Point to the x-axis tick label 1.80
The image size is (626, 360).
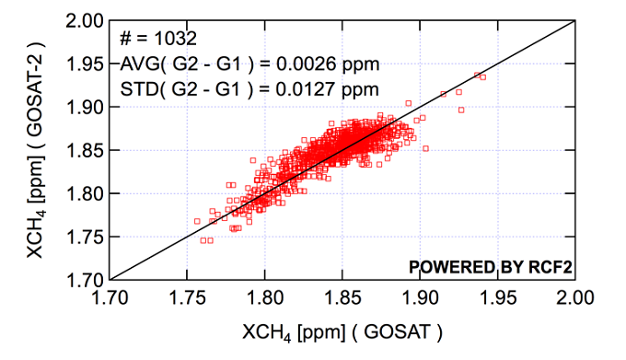tap(265, 298)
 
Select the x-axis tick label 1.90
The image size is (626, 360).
tap(420, 298)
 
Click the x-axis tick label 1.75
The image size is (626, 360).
tap(188, 298)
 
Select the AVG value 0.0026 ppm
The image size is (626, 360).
tap(328, 64)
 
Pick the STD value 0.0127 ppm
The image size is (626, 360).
tap(328, 89)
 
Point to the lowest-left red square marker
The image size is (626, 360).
tap(196, 221)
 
